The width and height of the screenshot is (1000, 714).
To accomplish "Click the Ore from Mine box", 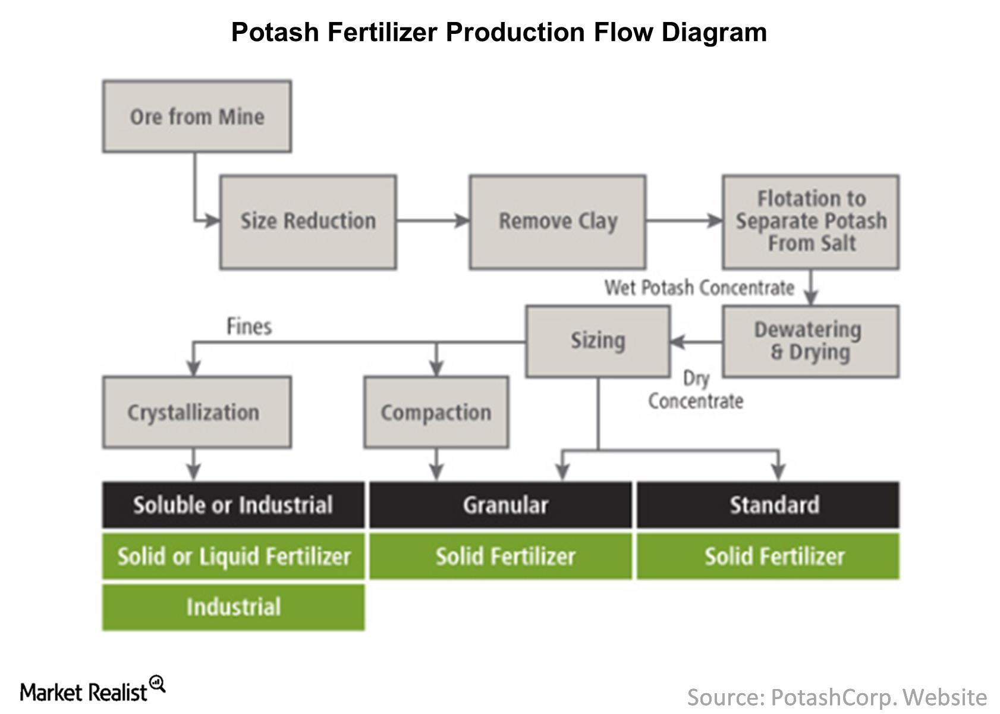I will (x=197, y=117).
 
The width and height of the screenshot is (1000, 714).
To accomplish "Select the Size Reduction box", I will (x=308, y=222).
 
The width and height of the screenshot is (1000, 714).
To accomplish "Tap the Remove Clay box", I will (x=557, y=222).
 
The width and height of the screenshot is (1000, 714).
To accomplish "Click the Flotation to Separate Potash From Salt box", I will (x=810, y=222).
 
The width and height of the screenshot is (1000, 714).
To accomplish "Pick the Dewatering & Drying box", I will (x=810, y=341).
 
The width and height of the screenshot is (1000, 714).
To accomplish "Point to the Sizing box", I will (x=598, y=341).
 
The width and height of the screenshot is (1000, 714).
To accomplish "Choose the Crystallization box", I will (x=197, y=412).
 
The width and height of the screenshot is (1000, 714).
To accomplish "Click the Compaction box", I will (x=436, y=412).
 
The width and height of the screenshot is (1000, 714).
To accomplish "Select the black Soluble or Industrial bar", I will (x=233, y=505).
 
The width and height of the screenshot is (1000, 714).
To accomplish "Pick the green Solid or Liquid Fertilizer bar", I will (x=233, y=556).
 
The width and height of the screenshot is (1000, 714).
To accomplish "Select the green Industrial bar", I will (x=233, y=607).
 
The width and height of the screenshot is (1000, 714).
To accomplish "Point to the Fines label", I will (x=249, y=326).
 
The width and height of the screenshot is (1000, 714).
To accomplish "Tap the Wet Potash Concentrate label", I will (x=699, y=288).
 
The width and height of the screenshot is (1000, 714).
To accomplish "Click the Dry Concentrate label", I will (x=695, y=390).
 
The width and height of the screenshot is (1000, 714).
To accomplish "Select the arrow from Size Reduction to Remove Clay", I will (x=433, y=221).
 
